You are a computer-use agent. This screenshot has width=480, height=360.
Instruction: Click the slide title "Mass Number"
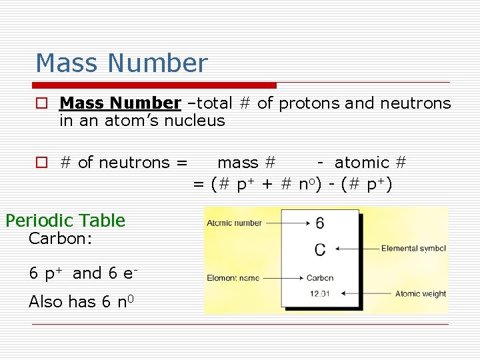tap(121, 63)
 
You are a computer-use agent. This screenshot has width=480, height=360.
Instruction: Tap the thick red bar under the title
tap(155, 85)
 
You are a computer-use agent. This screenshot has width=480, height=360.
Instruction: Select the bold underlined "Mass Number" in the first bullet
tap(120, 103)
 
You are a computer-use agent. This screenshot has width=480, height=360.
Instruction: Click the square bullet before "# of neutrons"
tap(42, 163)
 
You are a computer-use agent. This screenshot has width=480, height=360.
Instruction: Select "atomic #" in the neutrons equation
tap(371, 162)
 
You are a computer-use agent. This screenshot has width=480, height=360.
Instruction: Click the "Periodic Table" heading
tap(65, 221)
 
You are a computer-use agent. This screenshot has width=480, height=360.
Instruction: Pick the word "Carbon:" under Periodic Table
tap(60, 239)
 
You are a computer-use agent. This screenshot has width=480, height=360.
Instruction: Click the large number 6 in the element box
tap(320, 223)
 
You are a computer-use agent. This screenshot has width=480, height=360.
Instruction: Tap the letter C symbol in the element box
tap(320, 249)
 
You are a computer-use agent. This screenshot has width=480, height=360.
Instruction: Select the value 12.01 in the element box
tap(320, 293)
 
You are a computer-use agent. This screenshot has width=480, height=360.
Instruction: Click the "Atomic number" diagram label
tap(234, 223)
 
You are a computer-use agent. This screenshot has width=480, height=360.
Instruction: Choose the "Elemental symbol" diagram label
tap(413, 249)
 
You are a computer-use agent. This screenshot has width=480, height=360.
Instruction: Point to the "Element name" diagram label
tap(233, 278)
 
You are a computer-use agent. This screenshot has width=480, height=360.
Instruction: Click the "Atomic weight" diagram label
tap(421, 293)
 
